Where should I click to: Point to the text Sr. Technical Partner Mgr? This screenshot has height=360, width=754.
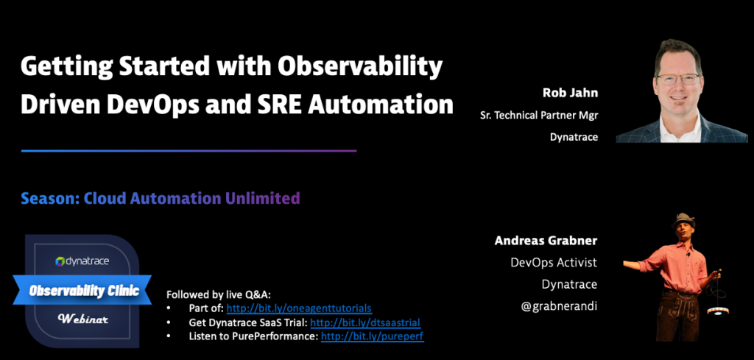pos(536,115)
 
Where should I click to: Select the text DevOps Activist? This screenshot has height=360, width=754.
pos(554,262)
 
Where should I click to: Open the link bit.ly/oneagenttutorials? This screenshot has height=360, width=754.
pos(298,308)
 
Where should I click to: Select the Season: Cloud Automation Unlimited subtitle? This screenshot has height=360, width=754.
pos(161,198)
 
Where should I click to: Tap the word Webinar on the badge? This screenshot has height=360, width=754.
pos(83,319)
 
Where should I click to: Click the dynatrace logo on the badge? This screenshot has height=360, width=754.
pos(82,261)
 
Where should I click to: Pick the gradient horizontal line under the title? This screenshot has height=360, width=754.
pos(188,151)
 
